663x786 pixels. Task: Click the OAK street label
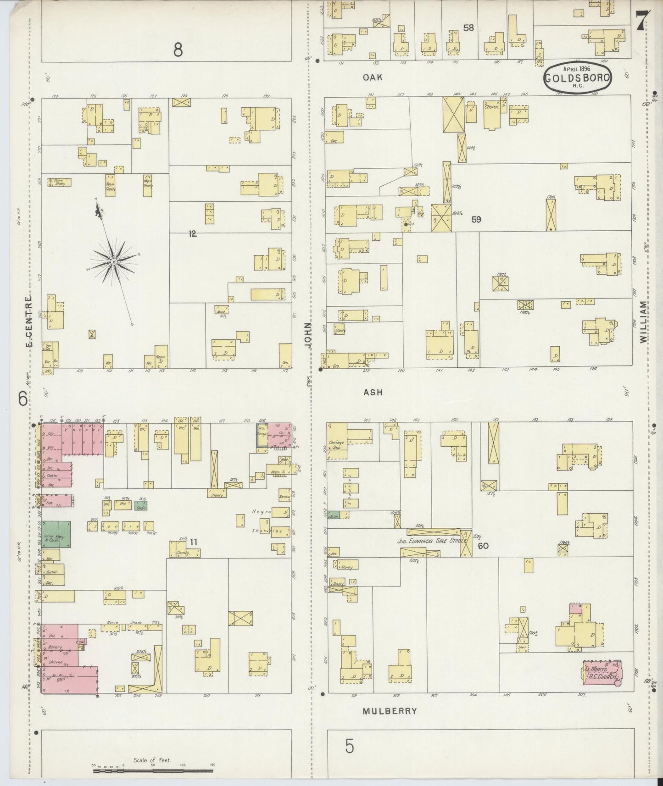point(373,77)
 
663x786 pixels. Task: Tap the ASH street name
point(373,392)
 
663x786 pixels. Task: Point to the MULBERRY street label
point(390,711)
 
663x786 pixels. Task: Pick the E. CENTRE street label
point(28,321)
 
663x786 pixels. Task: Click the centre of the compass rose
point(113,261)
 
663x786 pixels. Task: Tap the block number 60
point(483,546)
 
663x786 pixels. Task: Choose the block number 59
point(476,220)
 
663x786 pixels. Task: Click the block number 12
point(192,234)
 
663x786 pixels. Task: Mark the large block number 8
point(178,50)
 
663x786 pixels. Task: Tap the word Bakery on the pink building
point(55,647)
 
